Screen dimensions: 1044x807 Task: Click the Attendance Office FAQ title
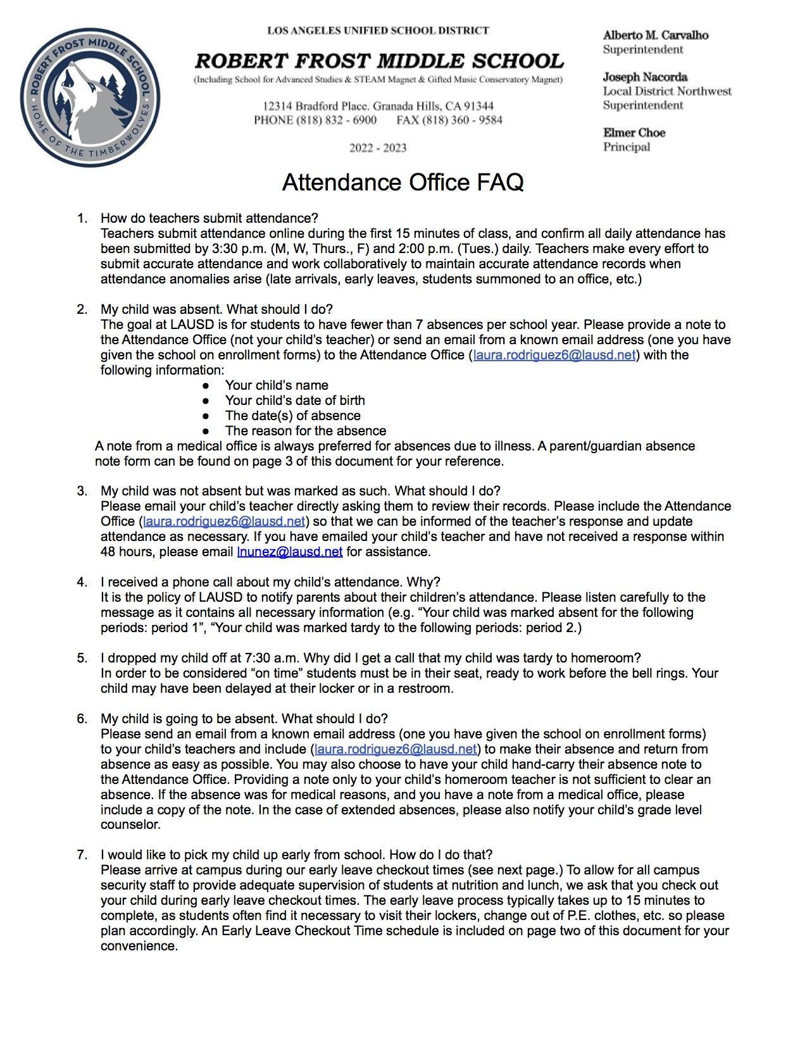click(403, 182)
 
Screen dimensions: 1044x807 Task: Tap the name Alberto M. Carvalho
click(655, 35)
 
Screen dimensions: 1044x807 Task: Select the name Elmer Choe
click(634, 133)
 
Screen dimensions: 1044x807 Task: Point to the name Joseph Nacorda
click(644, 77)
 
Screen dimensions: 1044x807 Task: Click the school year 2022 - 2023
click(378, 148)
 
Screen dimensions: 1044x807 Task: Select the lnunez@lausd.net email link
click(289, 552)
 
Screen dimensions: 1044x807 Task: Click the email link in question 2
click(554, 355)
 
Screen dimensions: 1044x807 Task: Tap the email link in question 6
click(395, 750)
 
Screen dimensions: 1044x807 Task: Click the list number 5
click(82, 658)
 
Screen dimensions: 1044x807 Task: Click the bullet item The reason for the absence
click(305, 431)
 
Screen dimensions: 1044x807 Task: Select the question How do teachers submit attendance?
click(209, 218)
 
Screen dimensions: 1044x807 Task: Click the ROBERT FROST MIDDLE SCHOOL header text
click(378, 61)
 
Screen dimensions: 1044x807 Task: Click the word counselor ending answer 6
click(130, 825)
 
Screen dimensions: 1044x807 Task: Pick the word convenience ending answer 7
click(138, 947)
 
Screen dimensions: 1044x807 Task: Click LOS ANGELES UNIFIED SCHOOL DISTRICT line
click(378, 30)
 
